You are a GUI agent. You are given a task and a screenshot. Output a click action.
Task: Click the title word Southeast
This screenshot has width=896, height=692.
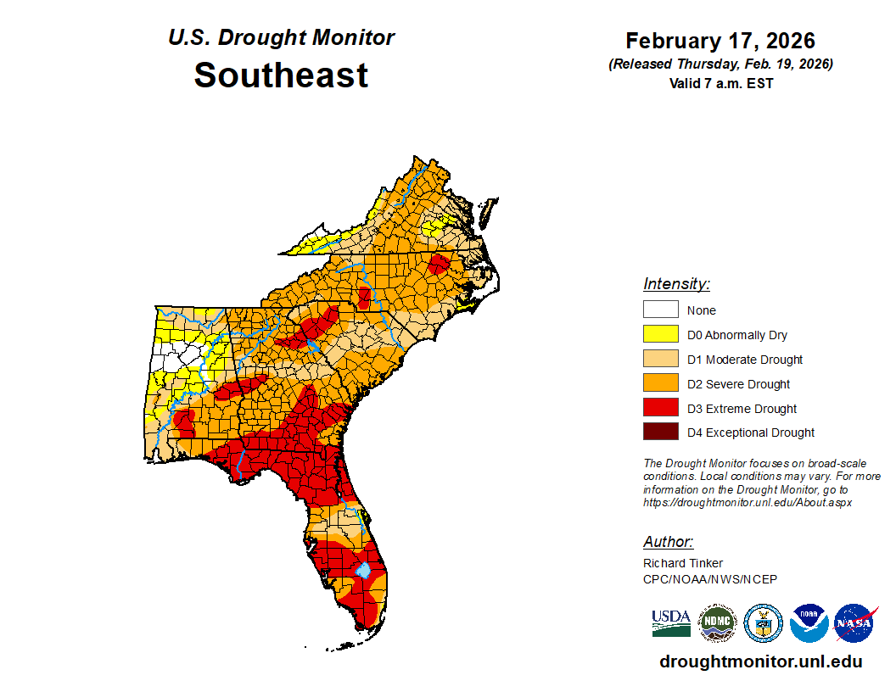(281, 75)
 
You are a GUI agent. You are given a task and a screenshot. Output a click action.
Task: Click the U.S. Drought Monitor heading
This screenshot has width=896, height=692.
(281, 38)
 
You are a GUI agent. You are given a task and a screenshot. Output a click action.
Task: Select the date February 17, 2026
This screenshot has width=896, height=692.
(720, 41)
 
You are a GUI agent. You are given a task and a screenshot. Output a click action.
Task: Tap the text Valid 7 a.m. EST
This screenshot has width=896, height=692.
(720, 83)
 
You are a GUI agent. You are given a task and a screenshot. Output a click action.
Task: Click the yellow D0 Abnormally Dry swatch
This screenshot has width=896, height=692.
(660, 334)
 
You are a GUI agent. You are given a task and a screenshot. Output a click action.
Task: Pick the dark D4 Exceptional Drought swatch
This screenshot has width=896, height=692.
(660, 432)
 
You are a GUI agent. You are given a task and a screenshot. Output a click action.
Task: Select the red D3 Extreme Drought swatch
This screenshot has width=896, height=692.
(660, 408)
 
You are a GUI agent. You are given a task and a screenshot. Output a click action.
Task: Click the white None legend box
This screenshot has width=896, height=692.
(660, 310)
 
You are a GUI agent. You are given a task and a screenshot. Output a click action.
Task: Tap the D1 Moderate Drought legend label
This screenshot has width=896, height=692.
(744, 360)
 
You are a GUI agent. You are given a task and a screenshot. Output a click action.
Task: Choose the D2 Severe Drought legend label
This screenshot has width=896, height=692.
(738, 384)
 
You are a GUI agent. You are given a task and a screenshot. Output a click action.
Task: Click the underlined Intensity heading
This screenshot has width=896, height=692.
(676, 284)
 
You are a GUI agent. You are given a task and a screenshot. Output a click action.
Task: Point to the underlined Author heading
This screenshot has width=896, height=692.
(668, 542)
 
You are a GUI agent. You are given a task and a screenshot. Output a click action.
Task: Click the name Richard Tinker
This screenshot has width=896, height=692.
(683, 563)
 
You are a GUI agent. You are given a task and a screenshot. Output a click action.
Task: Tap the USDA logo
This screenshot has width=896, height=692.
(671, 623)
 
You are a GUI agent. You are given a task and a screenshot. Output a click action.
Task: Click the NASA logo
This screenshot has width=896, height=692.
(854, 623)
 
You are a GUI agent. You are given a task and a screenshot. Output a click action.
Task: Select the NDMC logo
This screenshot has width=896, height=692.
(717, 623)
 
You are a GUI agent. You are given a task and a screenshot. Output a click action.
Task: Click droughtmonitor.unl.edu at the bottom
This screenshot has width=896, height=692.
(761, 661)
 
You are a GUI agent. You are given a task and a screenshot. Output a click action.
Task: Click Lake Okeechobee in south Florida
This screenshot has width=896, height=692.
(363, 569)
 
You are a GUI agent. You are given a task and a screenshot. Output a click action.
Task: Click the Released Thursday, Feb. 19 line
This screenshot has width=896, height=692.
(720, 64)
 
